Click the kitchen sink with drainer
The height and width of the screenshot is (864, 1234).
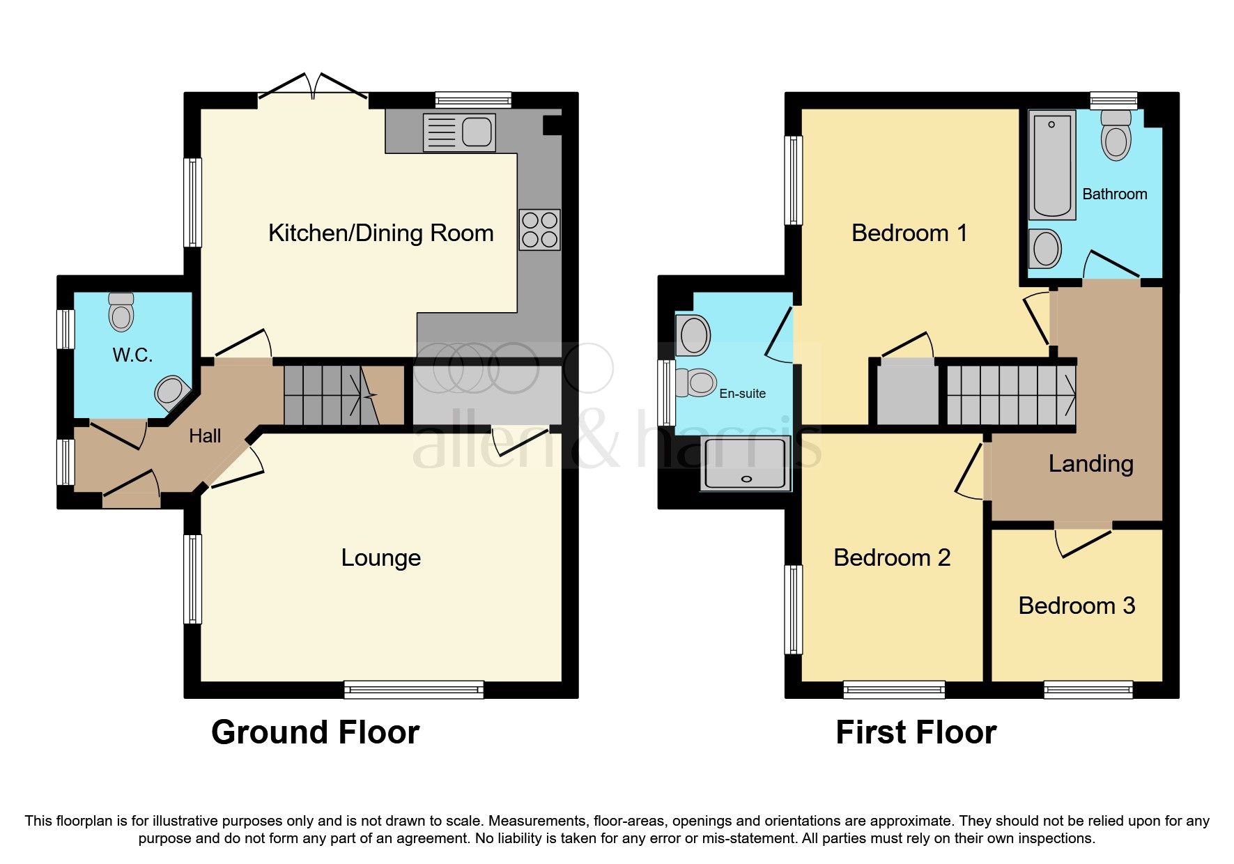459,132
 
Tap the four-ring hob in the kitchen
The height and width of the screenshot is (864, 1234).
539,230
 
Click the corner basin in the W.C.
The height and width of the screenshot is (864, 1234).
171,392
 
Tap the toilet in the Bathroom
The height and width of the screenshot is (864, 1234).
1116,136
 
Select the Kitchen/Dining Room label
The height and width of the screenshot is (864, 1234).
380,233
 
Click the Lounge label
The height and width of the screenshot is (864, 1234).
380,558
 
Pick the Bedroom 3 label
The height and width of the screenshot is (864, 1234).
1077,606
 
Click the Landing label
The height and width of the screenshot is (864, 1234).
1090,464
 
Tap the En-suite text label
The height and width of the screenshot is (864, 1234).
742,394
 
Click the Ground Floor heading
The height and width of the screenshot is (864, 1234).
315,733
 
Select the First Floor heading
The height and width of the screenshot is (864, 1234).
916,733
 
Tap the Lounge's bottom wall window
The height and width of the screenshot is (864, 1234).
414,690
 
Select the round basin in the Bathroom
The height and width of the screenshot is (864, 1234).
1044,249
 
